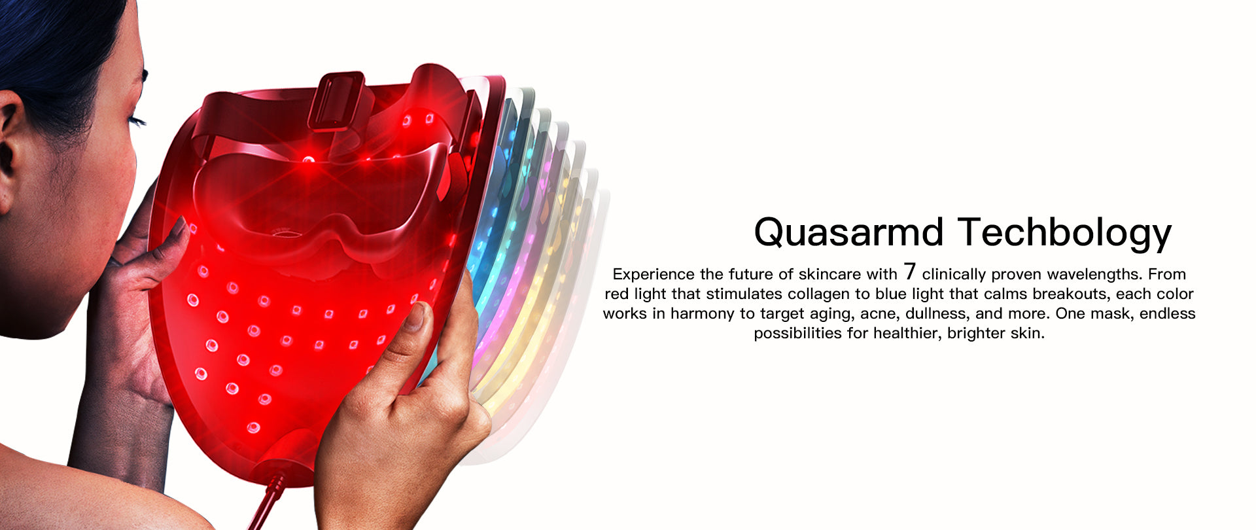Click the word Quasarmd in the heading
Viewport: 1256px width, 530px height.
[x=848, y=233]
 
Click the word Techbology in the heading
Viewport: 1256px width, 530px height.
[x=1064, y=233]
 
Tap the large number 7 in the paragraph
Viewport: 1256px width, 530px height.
[x=909, y=272]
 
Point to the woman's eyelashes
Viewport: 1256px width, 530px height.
[x=137, y=121]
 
